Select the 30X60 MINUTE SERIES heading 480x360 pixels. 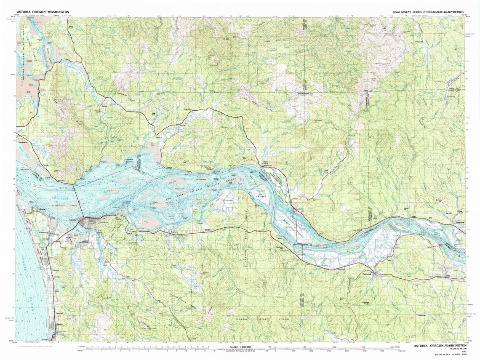click(427, 12)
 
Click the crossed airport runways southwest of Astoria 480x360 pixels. click(69, 239)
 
